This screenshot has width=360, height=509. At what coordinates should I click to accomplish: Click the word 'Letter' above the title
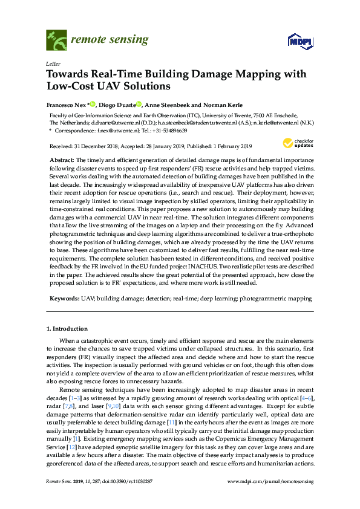[52, 63]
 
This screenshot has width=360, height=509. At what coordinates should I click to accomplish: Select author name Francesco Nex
[68, 103]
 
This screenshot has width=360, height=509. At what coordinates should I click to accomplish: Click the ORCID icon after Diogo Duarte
[139, 103]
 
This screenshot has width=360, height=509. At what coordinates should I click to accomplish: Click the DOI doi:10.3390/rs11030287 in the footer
[125, 497]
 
